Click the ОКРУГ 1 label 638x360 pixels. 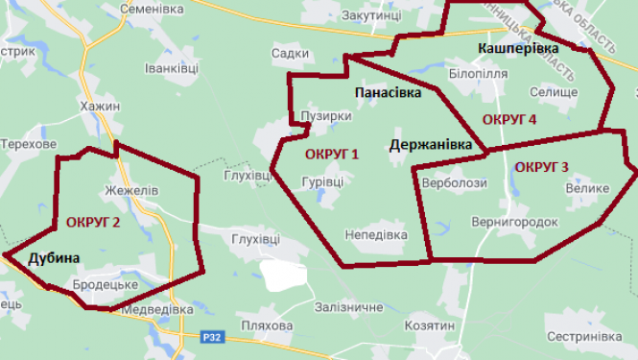click(x=331, y=155)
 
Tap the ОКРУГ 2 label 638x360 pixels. click(x=93, y=222)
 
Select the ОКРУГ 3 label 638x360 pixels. click(x=541, y=167)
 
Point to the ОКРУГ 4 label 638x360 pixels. click(x=508, y=120)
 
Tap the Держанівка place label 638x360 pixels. click(x=432, y=145)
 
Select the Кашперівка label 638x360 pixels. click(x=518, y=47)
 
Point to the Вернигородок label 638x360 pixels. click(x=514, y=222)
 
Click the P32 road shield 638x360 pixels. click(x=213, y=337)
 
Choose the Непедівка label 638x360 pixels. click(x=375, y=234)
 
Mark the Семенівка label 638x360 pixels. click(x=153, y=9)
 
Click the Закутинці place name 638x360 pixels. click(x=375, y=16)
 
